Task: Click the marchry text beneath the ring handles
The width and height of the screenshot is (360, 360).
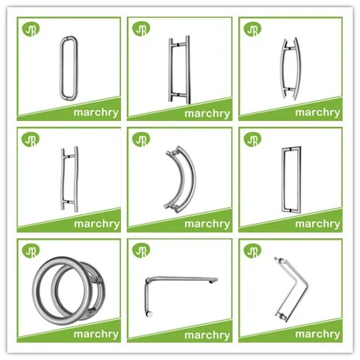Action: pos(96,334)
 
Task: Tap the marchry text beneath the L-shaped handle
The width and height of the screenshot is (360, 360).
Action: pos(206,335)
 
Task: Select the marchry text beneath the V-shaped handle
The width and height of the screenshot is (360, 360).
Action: pos(317,335)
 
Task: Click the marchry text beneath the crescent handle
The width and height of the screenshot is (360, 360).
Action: pos(206,223)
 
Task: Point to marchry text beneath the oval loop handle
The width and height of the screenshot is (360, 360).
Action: pos(96,112)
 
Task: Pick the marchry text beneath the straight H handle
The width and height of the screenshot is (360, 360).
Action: pos(206,112)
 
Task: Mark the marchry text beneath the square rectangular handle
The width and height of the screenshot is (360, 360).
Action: pos(317,223)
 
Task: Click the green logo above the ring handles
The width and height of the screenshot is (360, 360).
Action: pos(30,250)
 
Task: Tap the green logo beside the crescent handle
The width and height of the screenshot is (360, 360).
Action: pos(141,139)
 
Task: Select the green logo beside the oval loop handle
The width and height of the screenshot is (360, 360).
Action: pos(30,28)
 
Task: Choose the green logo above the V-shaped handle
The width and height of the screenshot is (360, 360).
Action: pos(252,250)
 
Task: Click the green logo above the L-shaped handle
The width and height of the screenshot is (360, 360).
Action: pos(141,250)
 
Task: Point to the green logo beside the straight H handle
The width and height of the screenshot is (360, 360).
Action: pos(141,28)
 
